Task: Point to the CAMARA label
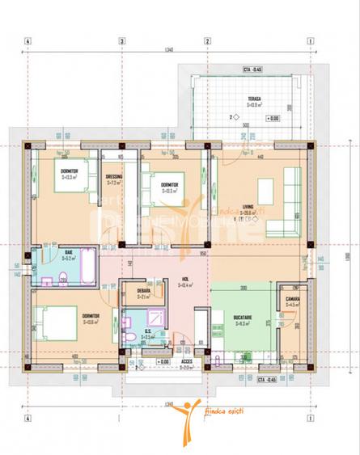(292, 300)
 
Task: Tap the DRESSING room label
(114, 178)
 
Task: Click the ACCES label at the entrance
(186, 362)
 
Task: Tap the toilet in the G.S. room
(129, 333)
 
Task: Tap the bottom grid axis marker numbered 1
(310, 419)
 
